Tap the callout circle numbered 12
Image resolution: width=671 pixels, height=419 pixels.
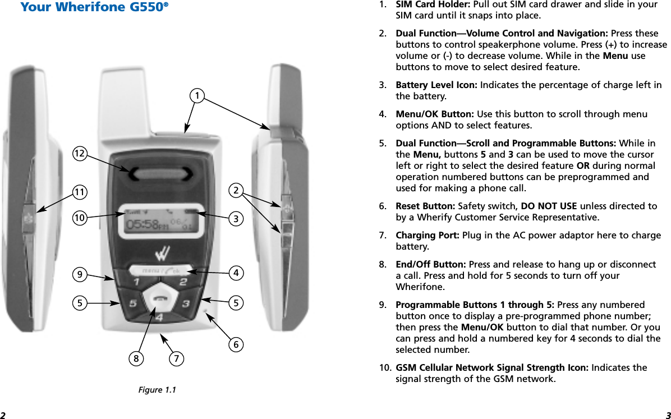(81, 153)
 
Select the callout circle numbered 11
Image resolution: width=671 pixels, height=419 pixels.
(81, 192)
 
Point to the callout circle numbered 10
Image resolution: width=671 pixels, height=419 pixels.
(81, 217)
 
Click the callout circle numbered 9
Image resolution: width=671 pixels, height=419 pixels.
(80, 274)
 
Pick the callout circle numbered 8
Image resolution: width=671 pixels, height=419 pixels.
(135, 357)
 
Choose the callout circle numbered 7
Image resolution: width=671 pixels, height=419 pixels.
(176, 357)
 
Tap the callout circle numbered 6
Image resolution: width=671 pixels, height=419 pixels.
(236, 344)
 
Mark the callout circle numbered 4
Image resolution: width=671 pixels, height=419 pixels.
(236, 274)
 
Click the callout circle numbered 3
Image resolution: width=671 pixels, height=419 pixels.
(236, 218)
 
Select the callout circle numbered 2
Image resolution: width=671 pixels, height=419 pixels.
(236, 191)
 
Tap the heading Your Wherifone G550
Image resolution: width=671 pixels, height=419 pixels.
(94, 8)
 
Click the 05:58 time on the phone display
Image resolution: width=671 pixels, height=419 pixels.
(141, 224)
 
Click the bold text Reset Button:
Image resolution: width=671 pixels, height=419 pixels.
(424, 206)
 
